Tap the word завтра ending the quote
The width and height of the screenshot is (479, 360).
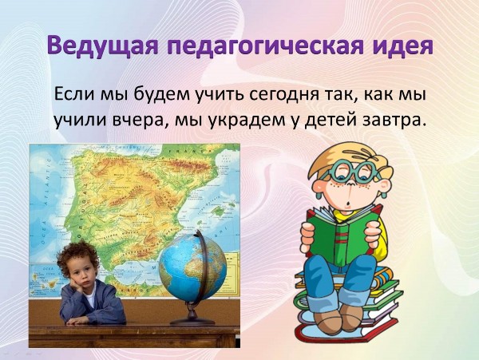tap(393, 121)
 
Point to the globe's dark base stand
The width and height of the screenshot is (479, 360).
tap(192, 317)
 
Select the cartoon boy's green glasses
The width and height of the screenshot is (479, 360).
tap(354, 172)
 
